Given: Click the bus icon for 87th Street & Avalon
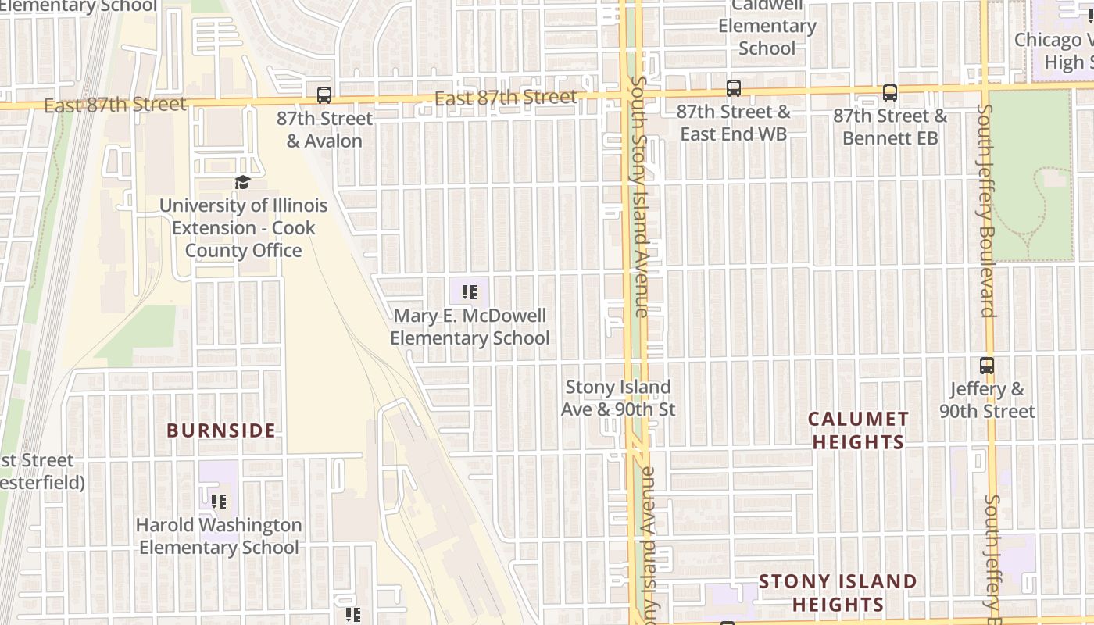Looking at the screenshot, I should (x=324, y=95).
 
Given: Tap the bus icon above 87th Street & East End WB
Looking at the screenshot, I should (x=733, y=88).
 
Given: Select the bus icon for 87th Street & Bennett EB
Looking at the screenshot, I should (x=889, y=93).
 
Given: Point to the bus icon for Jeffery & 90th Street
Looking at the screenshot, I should (x=987, y=365).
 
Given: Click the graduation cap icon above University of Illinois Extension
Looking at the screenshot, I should (x=243, y=183).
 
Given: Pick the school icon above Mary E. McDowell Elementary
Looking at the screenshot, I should (x=469, y=292).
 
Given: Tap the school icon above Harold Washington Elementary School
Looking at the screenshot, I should (x=218, y=501).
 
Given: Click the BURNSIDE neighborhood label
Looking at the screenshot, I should (x=221, y=430).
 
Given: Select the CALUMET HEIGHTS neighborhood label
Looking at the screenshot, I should (x=858, y=430).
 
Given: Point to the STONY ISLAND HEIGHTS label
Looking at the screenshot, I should (x=838, y=593).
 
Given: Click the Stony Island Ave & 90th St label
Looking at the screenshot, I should (x=618, y=398).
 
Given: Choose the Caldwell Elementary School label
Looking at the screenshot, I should (x=767, y=27).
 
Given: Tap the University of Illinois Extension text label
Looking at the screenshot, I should (x=243, y=228).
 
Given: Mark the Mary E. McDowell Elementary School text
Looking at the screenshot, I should (x=470, y=327).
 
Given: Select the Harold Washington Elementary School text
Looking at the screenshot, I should (x=219, y=536).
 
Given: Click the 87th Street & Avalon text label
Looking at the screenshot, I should (x=324, y=130).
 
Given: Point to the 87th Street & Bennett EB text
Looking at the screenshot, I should (x=889, y=127).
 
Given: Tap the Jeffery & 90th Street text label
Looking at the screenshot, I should (x=987, y=400).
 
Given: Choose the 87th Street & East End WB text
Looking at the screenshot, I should (x=733, y=123).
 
